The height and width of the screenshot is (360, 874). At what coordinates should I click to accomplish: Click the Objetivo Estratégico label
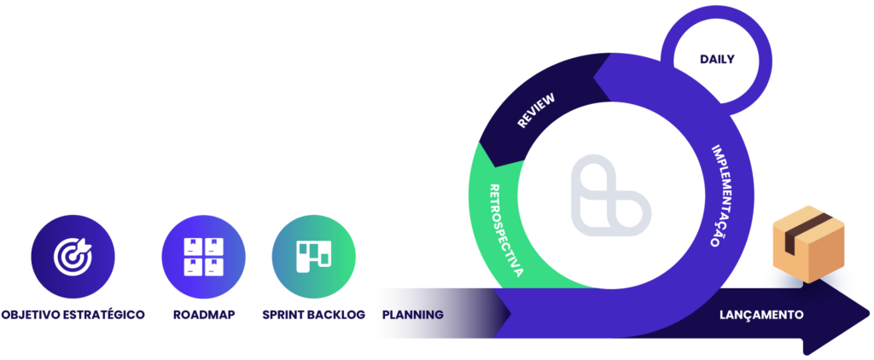(x=73, y=315)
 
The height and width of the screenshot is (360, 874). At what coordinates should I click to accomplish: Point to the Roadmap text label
(x=203, y=315)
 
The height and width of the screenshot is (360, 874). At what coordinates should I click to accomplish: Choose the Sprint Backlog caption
(x=314, y=315)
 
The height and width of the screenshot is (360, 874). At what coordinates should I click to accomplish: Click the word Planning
(x=412, y=315)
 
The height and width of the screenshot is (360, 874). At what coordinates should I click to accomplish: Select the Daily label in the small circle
(x=717, y=59)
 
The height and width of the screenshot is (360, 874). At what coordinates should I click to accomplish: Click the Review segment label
(x=536, y=110)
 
